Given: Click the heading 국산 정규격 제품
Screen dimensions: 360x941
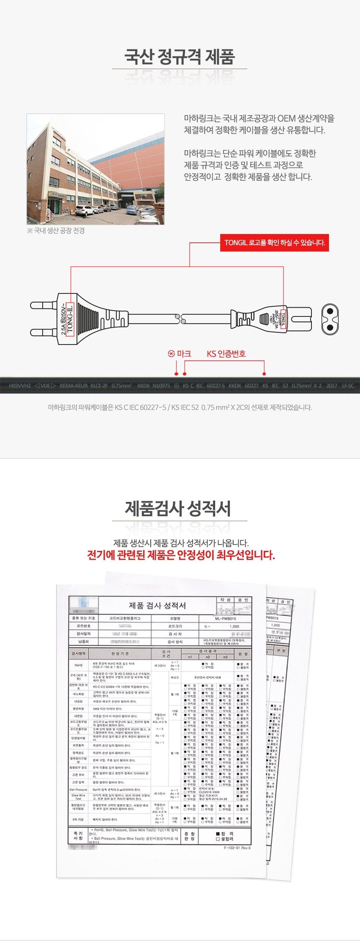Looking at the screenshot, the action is pyautogui.click(x=180, y=57).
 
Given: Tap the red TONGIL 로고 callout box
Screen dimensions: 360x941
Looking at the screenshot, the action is pyautogui.click(x=275, y=242).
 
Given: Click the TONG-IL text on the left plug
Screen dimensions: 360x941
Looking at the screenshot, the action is pyautogui.click(x=70, y=318).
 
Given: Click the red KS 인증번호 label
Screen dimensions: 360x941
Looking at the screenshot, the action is pyautogui.click(x=226, y=354).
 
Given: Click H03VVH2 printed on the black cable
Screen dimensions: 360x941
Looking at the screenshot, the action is pyautogui.click(x=20, y=386).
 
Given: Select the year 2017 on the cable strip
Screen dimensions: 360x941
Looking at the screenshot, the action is pyautogui.click(x=332, y=386).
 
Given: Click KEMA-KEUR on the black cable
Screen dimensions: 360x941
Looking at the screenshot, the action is pyautogui.click(x=72, y=386).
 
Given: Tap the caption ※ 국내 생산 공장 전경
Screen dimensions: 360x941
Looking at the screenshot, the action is pyautogui.click(x=56, y=231).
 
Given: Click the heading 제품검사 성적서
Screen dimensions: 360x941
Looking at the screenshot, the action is pyautogui.click(x=178, y=508).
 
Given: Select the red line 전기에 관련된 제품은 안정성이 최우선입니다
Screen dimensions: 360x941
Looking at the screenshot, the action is pyautogui.click(x=181, y=555).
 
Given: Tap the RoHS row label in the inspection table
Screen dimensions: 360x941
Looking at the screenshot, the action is pyautogui.click(x=79, y=665).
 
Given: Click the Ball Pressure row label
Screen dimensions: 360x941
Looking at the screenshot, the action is pyautogui.click(x=79, y=789).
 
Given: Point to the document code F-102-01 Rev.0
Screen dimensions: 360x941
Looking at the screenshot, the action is pyautogui.click(x=237, y=848).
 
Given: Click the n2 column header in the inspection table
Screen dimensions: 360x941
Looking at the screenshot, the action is pyautogui.click(x=208, y=657).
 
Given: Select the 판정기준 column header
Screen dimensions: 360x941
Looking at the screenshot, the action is pyautogui.click(x=120, y=653).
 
